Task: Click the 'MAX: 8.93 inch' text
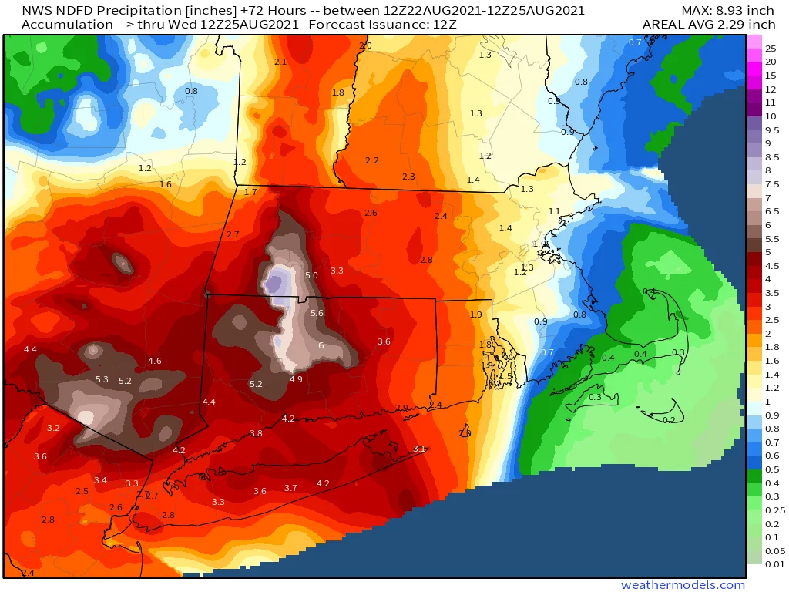coord(727,11)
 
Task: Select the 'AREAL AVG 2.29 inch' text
coord(709,25)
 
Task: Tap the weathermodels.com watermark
coord(683,585)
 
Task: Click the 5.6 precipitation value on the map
coord(317,313)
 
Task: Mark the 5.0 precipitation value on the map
coord(311,275)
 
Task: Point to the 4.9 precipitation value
coord(296,378)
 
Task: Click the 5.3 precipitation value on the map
coord(102,379)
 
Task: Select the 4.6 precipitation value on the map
coord(154,361)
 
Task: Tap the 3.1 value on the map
coord(419,449)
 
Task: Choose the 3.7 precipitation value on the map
coord(290,488)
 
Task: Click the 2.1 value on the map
coord(280,62)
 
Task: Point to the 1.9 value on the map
coord(476,314)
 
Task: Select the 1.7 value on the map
coord(250,192)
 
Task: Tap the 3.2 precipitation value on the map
coord(53,428)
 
